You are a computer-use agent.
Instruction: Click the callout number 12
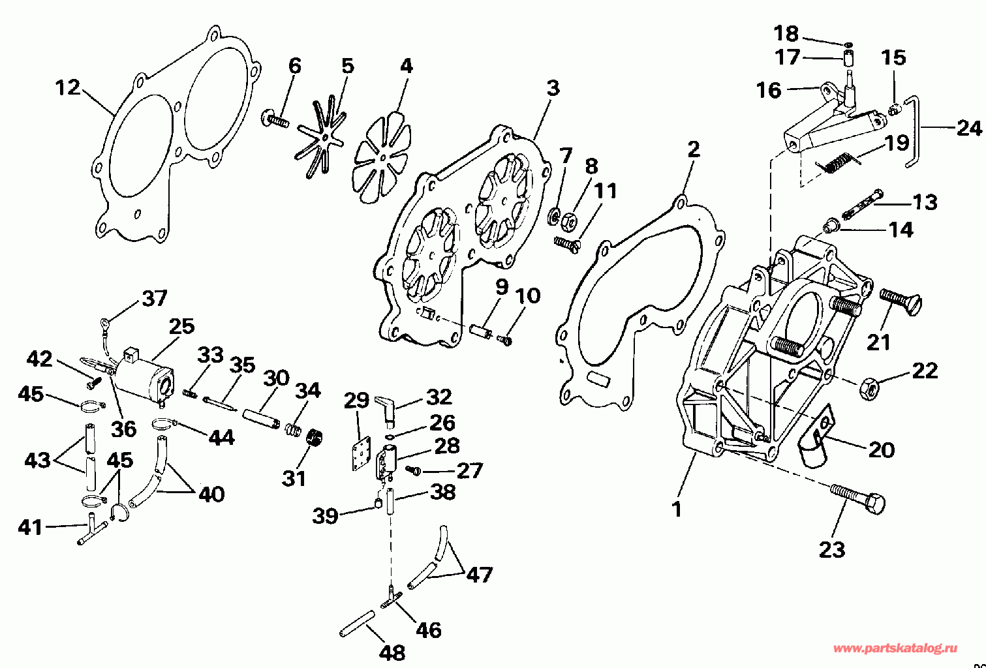click(x=68, y=87)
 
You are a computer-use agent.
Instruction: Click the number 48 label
click(x=392, y=652)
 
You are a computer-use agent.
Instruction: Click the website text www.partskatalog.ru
click(x=895, y=648)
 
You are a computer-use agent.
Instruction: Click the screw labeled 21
click(x=901, y=301)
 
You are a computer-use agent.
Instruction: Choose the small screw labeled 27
click(x=414, y=470)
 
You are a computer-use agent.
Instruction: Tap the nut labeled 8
click(x=568, y=220)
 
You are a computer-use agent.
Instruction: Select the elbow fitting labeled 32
click(x=386, y=409)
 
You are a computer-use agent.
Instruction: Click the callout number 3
click(x=553, y=88)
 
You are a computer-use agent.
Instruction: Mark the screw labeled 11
click(x=567, y=244)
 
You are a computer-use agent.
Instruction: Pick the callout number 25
click(x=182, y=327)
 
